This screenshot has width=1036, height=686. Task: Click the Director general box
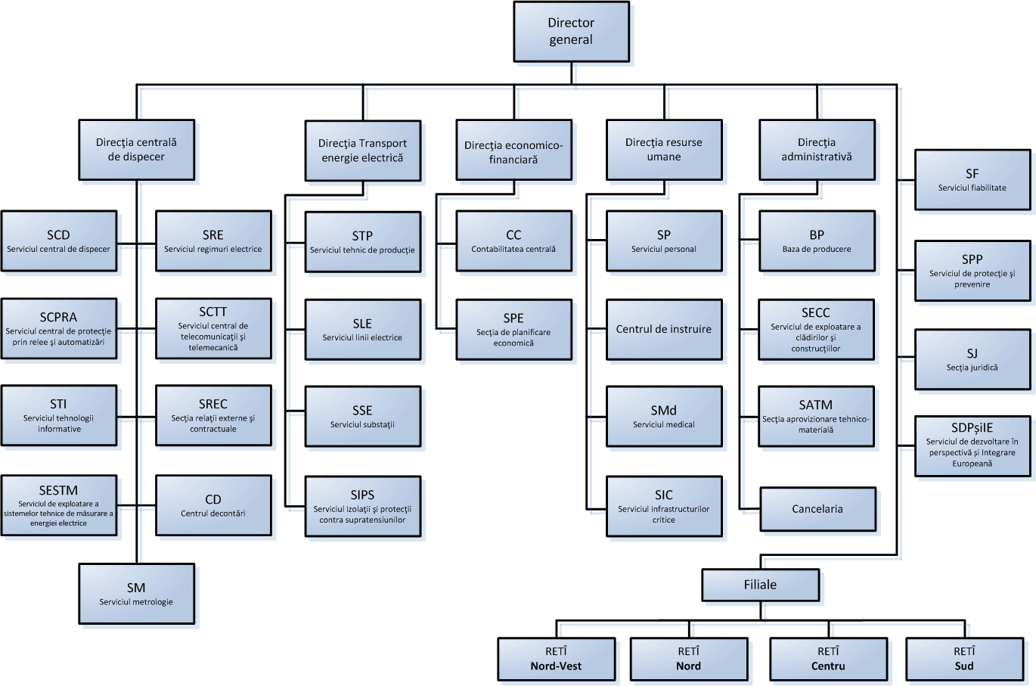coord(571,32)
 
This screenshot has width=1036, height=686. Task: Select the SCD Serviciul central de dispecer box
coord(59,241)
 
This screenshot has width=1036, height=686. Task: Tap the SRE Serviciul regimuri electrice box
coord(213,241)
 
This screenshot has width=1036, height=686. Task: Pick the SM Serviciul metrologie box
coord(136,594)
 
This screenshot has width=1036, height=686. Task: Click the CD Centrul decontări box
coord(213,505)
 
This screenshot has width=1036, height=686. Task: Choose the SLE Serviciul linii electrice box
coord(362,330)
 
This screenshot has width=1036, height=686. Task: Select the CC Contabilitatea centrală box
coord(513,241)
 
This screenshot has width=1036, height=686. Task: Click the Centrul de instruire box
coord(664,329)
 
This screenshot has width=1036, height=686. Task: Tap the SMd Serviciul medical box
coord(664,417)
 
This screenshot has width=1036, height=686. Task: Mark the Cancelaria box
coord(817,509)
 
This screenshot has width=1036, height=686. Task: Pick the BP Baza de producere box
coord(817,241)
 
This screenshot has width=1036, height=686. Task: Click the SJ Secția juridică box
coord(972,359)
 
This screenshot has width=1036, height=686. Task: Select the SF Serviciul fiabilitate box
coord(972,180)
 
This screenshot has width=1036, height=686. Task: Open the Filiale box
coord(760,585)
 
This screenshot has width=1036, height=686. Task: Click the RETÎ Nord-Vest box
coord(556,659)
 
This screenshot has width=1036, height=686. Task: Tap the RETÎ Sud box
coord(964,659)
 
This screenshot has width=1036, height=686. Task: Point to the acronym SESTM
coord(58,490)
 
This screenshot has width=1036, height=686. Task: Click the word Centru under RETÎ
coord(828,666)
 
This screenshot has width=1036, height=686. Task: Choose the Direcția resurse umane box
coord(664,150)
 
